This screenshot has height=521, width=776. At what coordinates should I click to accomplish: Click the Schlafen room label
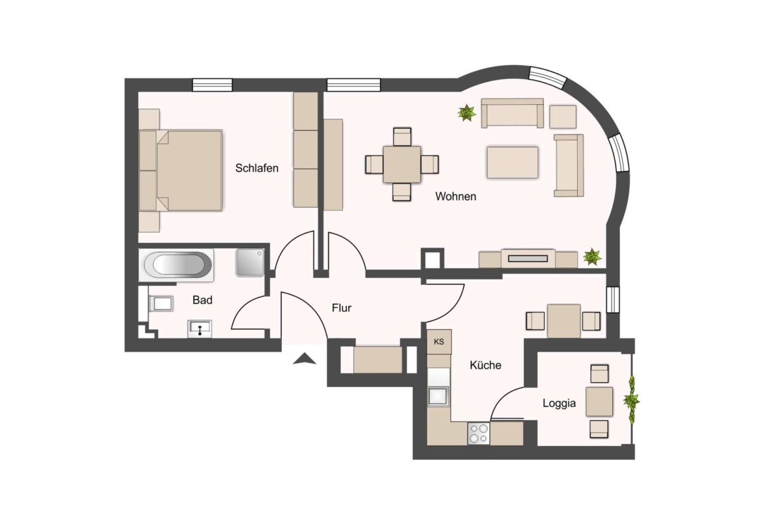pos(257,169)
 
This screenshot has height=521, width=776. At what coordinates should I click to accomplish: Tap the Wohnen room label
pos(455,197)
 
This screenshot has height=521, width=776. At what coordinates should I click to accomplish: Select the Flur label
pos(341,308)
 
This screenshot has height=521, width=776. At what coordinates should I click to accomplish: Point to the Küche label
pos(485,365)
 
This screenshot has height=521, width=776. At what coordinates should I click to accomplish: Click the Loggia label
pos(558,403)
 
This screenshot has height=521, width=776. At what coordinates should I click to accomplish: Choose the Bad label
pos(202,301)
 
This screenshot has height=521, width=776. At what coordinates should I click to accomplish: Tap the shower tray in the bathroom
pos(251,262)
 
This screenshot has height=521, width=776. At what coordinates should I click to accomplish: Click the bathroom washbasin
pos(200,328)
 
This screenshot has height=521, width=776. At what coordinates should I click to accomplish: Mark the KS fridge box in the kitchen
pos(438,342)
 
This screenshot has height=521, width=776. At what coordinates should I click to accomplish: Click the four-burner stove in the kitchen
pos(479,433)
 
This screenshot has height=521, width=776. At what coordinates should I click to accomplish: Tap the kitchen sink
pos(438,396)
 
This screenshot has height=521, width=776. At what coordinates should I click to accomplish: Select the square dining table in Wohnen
pos(402,163)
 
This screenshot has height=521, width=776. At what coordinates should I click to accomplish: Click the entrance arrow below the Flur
pos(304,359)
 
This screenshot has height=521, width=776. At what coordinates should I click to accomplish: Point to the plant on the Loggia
pos(631,400)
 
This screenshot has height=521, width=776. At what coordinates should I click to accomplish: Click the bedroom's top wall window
pos(212,85)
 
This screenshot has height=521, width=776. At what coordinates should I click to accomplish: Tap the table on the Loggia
pos(599,402)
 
